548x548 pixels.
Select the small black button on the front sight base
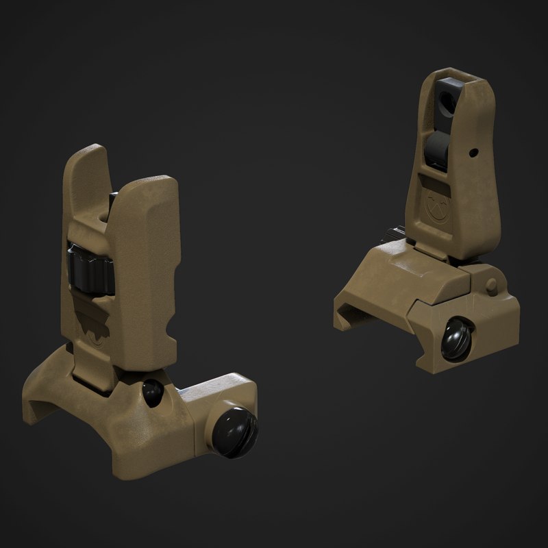pos(151,392)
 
